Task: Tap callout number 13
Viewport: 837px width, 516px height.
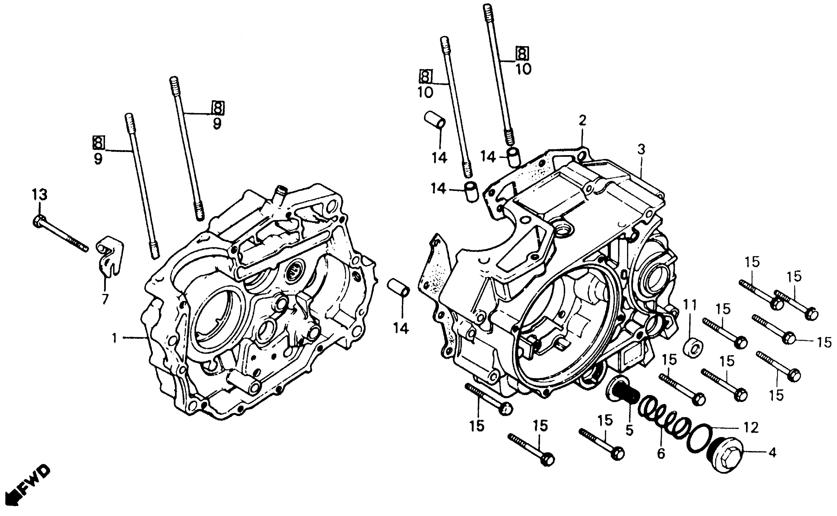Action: pos(39,195)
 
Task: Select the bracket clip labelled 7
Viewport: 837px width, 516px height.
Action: pos(109,257)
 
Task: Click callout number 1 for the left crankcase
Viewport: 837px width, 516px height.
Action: pos(115,338)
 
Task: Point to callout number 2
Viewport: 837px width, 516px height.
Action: pos(582,121)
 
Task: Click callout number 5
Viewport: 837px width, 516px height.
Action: pos(629,430)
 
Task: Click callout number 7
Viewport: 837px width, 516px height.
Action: pos(105,299)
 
